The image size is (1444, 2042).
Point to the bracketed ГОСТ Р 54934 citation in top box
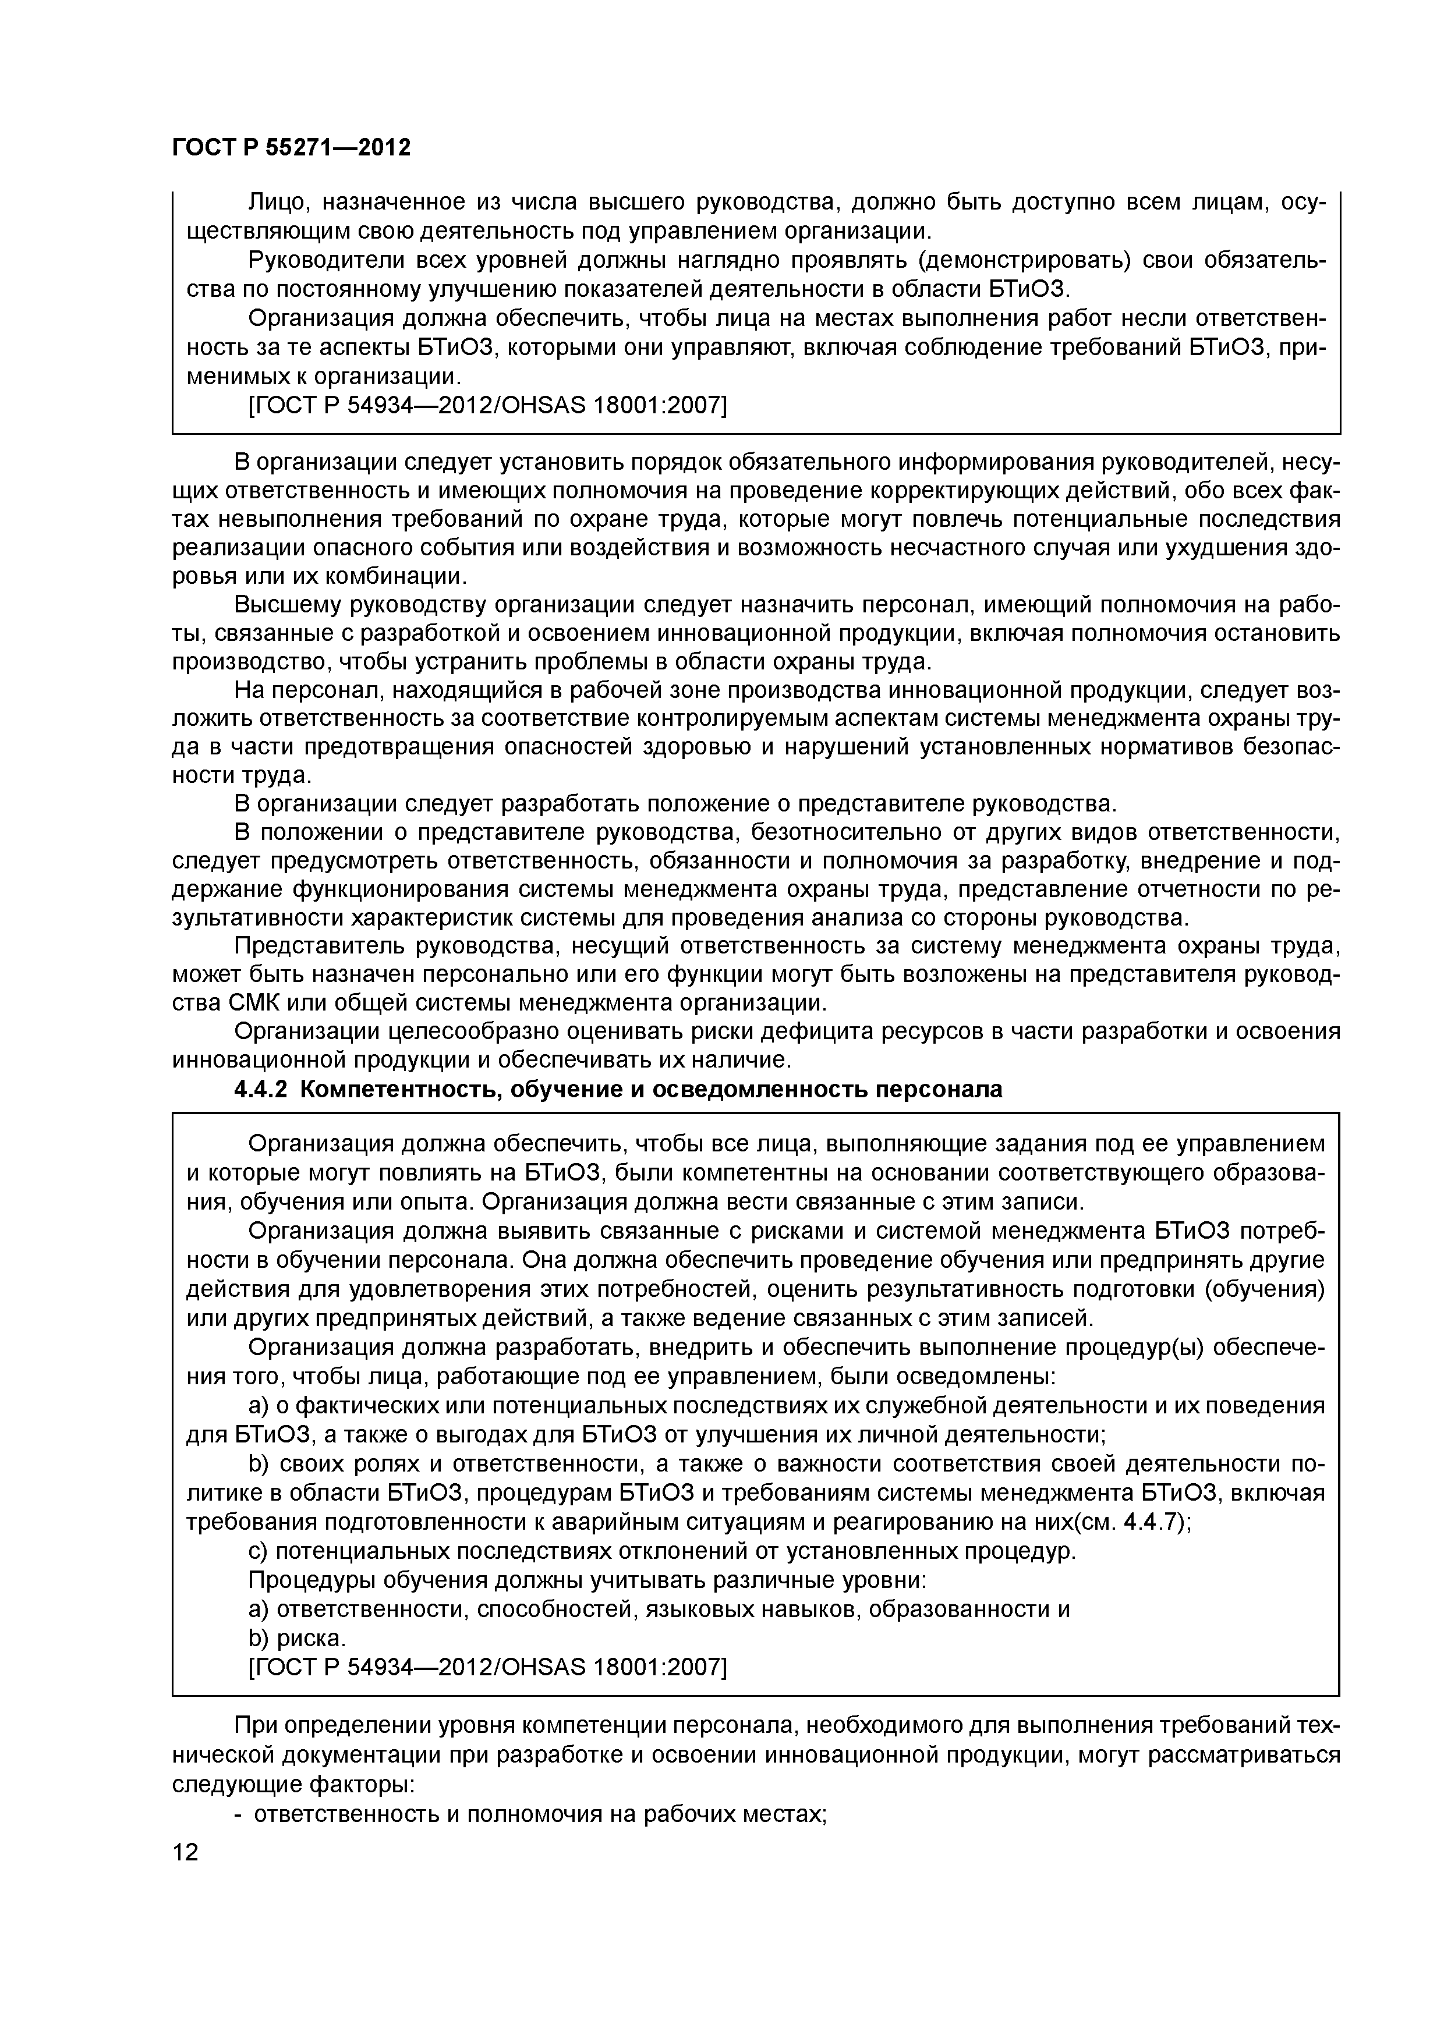click(x=487, y=406)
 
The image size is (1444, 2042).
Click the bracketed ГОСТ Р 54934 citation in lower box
click(x=487, y=1667)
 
